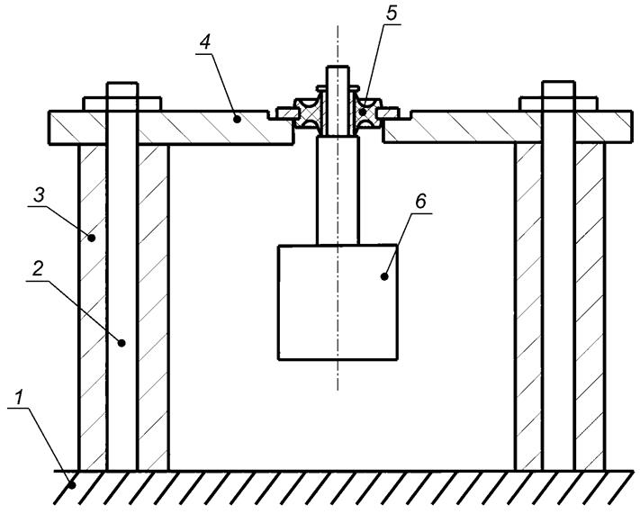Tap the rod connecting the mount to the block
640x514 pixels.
tap(338, 194)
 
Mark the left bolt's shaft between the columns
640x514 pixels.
tap(122, 306)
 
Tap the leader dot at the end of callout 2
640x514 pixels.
tap(122, 342)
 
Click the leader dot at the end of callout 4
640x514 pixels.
tap(236, 117)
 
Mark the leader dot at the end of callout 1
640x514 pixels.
tap(76, 486)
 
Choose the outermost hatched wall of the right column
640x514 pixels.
tap(590, 306)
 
